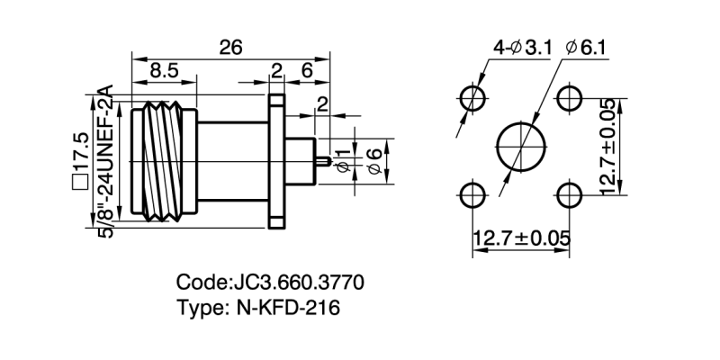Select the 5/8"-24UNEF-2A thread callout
click(x=105, y=162)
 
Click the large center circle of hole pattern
click(x=521, y=145)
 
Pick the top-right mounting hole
click(x=570, y=96)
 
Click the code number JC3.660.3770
click(x=270, y=283)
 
